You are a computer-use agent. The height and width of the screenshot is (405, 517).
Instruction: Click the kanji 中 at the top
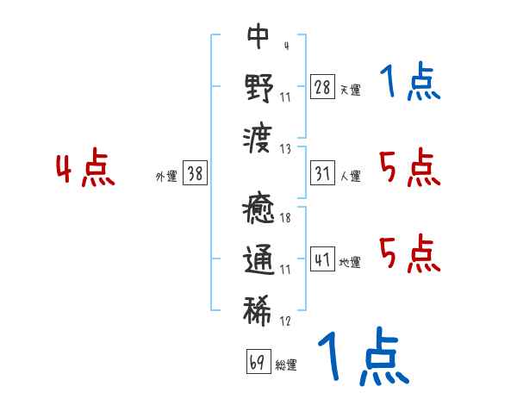(258, 36)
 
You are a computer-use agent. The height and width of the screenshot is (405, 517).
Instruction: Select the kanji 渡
(258, 134)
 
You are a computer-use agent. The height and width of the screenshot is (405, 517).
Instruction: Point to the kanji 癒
(258, 209)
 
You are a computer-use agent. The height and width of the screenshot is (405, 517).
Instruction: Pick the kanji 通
(258, 259)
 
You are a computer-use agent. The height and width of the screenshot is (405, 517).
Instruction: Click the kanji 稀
(258, 308)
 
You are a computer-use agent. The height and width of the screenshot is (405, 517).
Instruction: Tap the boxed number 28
(323, 86)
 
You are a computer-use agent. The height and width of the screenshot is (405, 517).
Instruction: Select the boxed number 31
(323, 173)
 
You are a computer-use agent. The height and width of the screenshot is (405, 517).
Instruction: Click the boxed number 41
(323, 259)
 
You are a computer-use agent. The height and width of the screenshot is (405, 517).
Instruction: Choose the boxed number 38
(195, 173)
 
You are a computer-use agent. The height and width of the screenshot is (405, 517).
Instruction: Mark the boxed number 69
(258, 362)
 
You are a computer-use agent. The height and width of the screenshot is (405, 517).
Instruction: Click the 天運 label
(350, 90)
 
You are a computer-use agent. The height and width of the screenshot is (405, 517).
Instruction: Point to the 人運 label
(350, 177)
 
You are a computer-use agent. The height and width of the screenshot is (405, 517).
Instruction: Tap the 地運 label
(350, 263)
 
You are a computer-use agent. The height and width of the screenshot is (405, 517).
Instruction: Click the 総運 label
(285, 365)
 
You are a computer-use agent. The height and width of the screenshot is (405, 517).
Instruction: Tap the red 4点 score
(85, 170)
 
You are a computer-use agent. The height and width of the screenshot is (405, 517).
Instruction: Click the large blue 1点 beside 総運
(362, 358)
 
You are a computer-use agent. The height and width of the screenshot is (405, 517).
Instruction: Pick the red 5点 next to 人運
(409, 167)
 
